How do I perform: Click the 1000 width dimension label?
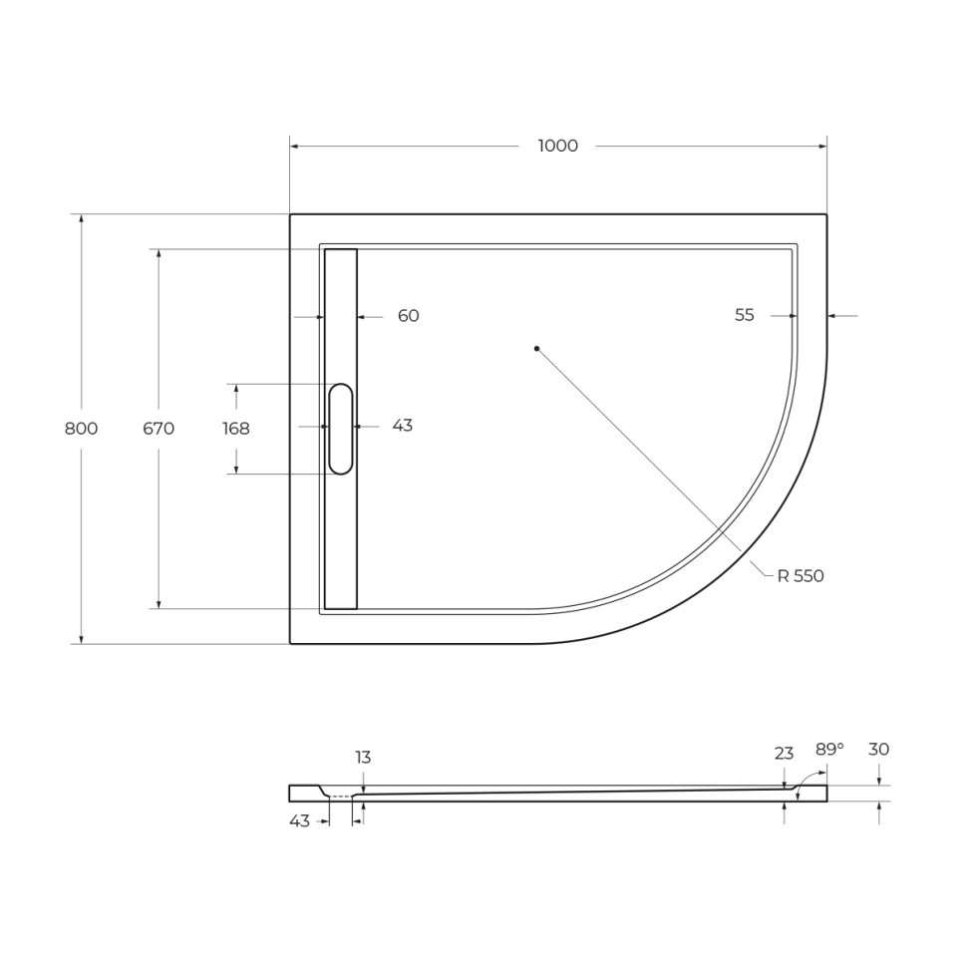click(557, 147)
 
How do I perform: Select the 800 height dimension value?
click(81, 429)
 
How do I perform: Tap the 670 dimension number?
click(159, 429)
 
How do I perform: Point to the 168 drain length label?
click(236, 429)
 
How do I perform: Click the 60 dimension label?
click(408, 316)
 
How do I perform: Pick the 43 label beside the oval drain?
click(402, 426)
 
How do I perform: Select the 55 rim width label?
click(745, 315)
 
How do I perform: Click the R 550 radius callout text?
click(801, 576)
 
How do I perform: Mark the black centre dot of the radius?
click(536, 348)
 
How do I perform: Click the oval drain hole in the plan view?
click(341, 429)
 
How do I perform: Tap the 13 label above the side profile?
click(363, 758)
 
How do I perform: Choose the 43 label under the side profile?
click(299, 820)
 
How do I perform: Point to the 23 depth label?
click(784, 754)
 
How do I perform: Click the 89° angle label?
click(828, 750)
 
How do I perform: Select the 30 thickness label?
click(878, 750)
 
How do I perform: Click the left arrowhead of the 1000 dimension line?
click(295, 147)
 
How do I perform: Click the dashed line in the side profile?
click(341, 797)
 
